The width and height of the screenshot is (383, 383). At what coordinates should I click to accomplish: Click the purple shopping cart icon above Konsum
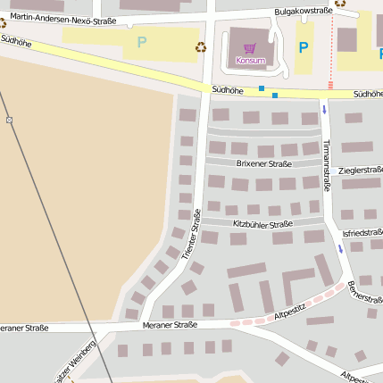point(250,48)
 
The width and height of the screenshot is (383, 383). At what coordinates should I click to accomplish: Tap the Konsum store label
point(250,61)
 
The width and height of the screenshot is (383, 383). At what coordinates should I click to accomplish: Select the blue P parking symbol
point(303,47)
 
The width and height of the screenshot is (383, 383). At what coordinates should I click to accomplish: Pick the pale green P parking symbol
point(141,42)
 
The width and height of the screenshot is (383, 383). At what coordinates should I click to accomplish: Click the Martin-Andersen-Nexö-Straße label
point(62,17)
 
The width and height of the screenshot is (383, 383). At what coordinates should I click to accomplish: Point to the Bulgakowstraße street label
point(303,11)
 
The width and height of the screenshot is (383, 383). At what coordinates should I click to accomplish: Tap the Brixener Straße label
point(263,164)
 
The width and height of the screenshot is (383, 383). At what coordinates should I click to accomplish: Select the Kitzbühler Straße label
point(262,224)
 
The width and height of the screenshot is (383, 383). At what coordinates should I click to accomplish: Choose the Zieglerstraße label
point(361,170)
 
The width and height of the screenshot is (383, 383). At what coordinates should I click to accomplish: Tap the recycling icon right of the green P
point(201,46)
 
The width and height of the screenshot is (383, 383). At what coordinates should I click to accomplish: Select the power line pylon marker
point(9,120)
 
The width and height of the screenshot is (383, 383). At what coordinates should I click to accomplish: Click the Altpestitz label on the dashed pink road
point(291,310)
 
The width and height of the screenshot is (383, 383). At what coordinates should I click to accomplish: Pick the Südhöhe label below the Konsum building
point(228,90)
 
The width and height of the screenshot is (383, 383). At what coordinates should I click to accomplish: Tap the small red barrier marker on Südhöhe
point(330,85)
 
